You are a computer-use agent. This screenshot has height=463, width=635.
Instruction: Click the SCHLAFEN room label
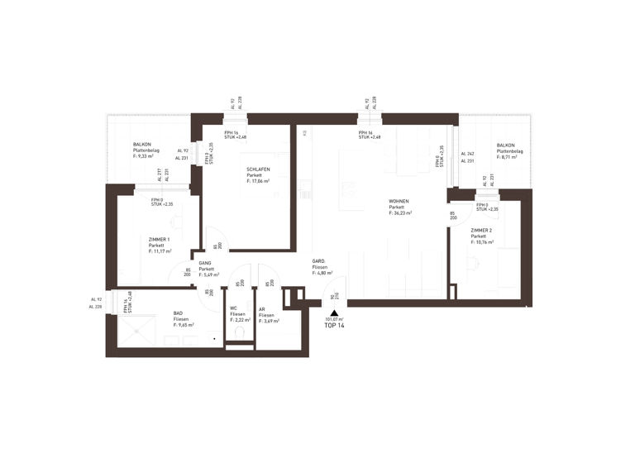[x=258, y=169]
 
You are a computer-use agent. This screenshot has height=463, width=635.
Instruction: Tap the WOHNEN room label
[x=400, y=202]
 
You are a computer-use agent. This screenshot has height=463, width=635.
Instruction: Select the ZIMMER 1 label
[x=159, y=239]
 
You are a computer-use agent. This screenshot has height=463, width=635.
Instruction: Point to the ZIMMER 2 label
[x=482, y=230]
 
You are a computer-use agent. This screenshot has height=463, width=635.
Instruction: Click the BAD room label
[x=179, y=313]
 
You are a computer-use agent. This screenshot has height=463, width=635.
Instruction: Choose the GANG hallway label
[x=205, y=263]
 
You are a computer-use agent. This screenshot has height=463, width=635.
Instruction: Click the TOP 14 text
[x=335, y=327]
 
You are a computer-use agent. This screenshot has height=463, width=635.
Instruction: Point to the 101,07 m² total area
[x=334, y=319]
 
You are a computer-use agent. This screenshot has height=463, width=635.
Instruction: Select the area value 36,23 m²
[x=400, y=213]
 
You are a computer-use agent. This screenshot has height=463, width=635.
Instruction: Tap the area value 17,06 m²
[x=259, y=181]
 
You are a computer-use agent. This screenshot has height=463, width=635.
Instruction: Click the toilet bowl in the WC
[x=240, y=332]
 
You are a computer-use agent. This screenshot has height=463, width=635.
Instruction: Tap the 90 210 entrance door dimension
[x=332, y=298]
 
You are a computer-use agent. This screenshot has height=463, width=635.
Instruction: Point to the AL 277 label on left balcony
[x=158, y=174]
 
